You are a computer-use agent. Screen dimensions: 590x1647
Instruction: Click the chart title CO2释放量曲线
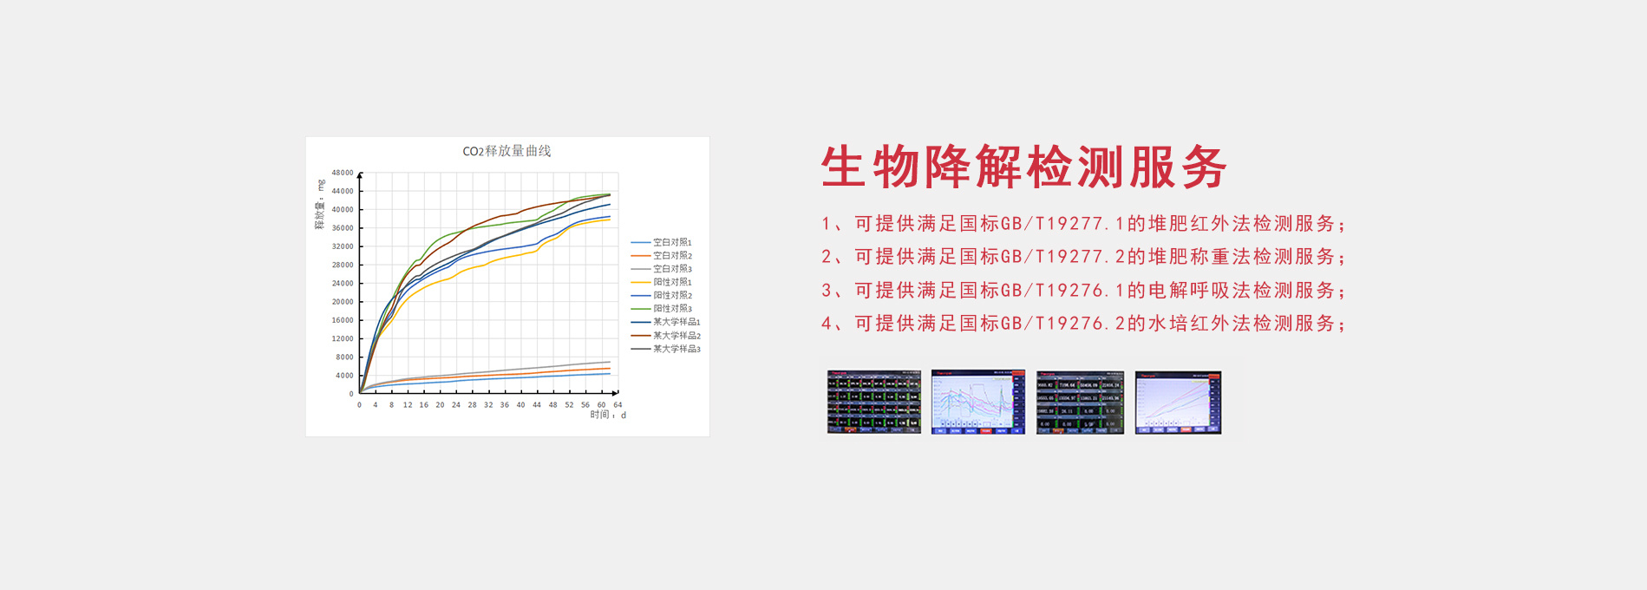(x=507, y=151)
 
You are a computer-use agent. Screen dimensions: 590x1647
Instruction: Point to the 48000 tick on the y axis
(x=343, y=173)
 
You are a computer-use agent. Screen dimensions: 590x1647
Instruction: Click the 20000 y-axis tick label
(x=343, y=302)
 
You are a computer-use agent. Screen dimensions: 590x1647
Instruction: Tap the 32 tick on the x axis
(x=488, y=405)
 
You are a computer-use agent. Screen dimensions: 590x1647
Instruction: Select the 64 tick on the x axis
(x=618, y=405)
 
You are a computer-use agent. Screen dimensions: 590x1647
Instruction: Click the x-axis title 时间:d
(x=608, y=416)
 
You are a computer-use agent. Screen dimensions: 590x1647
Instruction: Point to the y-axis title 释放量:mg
(x=319, y=206)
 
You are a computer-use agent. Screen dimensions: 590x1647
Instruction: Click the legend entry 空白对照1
(x=672, y=243)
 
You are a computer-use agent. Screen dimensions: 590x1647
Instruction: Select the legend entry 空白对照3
(x=672, y=269)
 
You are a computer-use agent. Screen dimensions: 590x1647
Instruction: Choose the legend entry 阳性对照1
(x=672, y=282)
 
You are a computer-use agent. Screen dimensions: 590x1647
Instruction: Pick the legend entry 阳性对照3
(x=672, y=309)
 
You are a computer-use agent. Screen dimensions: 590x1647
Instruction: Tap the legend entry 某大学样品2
(x=676, y=336)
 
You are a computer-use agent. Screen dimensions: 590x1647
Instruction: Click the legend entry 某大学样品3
(x=676, y=349)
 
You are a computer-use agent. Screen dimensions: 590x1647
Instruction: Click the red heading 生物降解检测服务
(x=1023, y=167)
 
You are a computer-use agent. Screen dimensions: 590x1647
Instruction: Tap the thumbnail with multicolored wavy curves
(x=977, y=403)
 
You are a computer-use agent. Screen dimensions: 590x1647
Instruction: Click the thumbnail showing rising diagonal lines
(x=1178, y=403)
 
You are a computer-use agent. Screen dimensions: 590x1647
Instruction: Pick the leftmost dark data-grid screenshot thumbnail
(x=873, y=403)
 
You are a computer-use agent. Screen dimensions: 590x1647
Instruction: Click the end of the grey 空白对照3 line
(x=610, y=362)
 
